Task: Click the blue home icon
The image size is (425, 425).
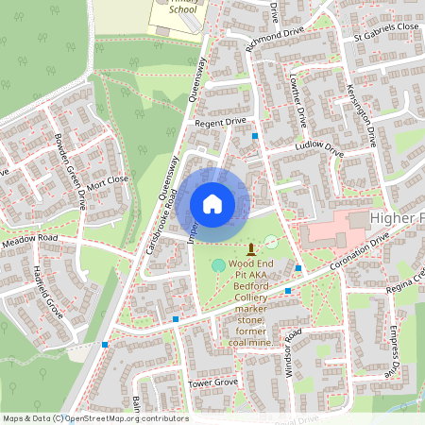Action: point(212,203)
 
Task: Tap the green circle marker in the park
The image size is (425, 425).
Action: point(219,265)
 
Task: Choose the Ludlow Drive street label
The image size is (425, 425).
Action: point(319,147)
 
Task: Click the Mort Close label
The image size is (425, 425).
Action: point(109,178)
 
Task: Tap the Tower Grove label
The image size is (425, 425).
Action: point(212,383)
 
